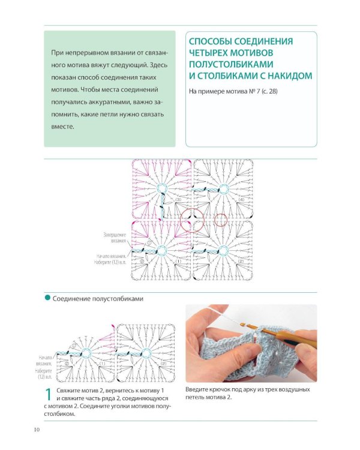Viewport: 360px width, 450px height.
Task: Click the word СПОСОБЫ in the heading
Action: (x=211, y=41)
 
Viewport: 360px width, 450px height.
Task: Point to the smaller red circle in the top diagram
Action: (x=221, y=220)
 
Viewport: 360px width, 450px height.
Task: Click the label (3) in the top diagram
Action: (x=178, y=199)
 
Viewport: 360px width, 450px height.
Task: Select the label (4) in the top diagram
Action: (x=241, y=199)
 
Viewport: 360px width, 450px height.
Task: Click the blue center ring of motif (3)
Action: (x=161, y=190)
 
